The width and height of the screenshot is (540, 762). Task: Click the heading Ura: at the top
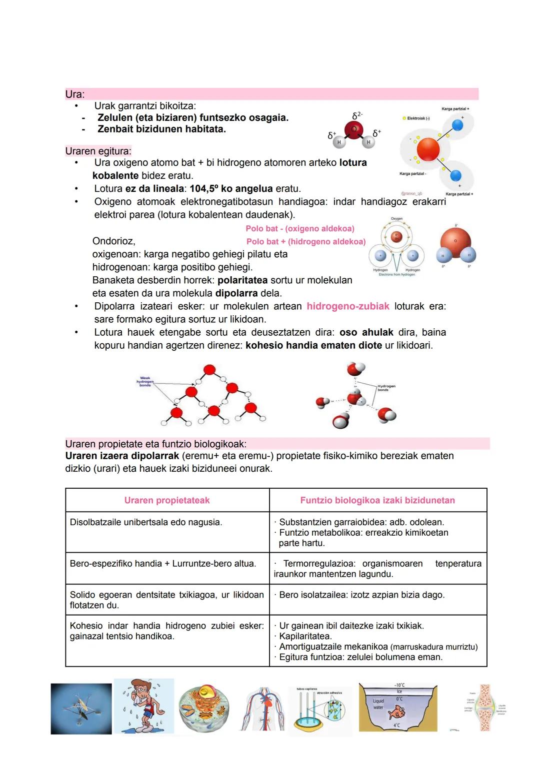point(75,94)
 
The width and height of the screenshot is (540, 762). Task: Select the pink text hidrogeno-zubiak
point(347,306)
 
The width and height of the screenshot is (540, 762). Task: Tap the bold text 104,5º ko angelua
point(231,189)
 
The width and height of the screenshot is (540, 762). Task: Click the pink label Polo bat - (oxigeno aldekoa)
point(299,228)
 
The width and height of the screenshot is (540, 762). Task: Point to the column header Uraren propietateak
point(167,500)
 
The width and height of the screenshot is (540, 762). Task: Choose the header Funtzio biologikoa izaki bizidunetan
point(377,500)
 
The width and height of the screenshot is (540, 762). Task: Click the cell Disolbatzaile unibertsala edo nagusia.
point(146,522)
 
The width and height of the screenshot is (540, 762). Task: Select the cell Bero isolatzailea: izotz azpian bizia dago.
point(361,595)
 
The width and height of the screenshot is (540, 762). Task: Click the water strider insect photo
point(81,709)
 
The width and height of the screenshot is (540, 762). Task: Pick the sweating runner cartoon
point(144,707)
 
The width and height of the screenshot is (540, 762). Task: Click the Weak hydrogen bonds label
point(145,381)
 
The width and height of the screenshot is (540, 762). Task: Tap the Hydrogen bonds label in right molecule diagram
point(386,387)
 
